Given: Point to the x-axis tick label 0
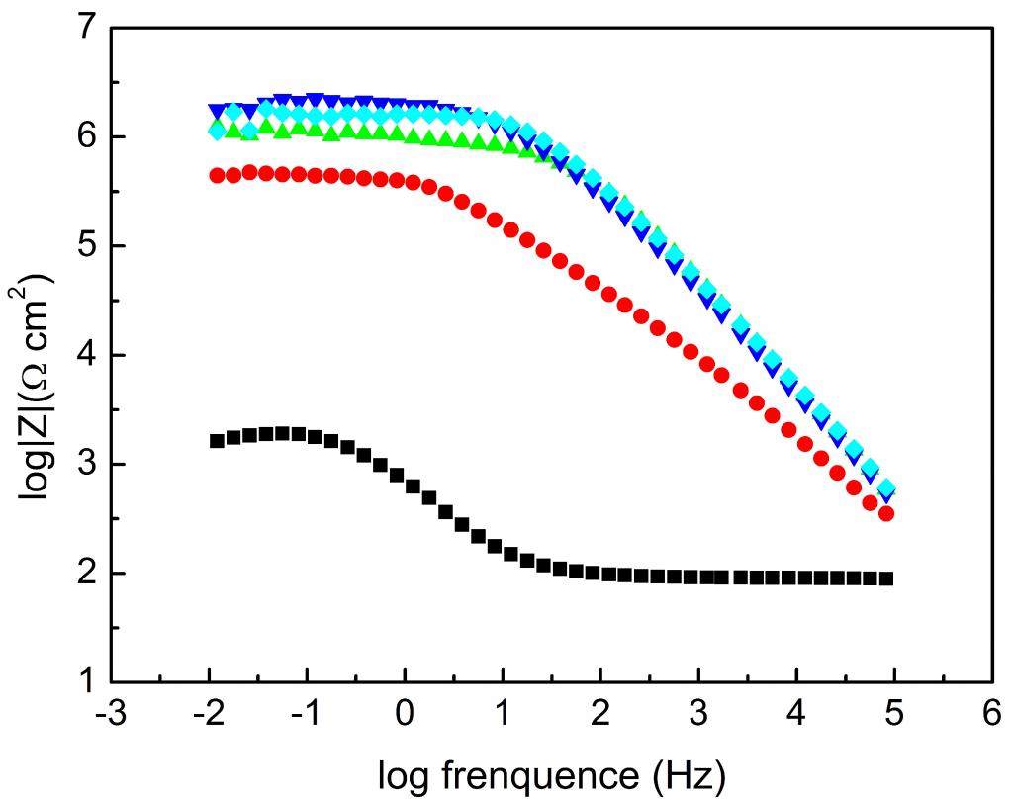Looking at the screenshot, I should click(x=405, y=717).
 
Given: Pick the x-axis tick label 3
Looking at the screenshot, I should click(x=699, y=717).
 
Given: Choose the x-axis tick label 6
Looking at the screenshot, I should click(x=992, y=717).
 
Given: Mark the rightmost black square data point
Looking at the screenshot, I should click(x=886, y=578).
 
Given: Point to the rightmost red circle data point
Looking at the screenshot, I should click(x=886, y=513).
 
